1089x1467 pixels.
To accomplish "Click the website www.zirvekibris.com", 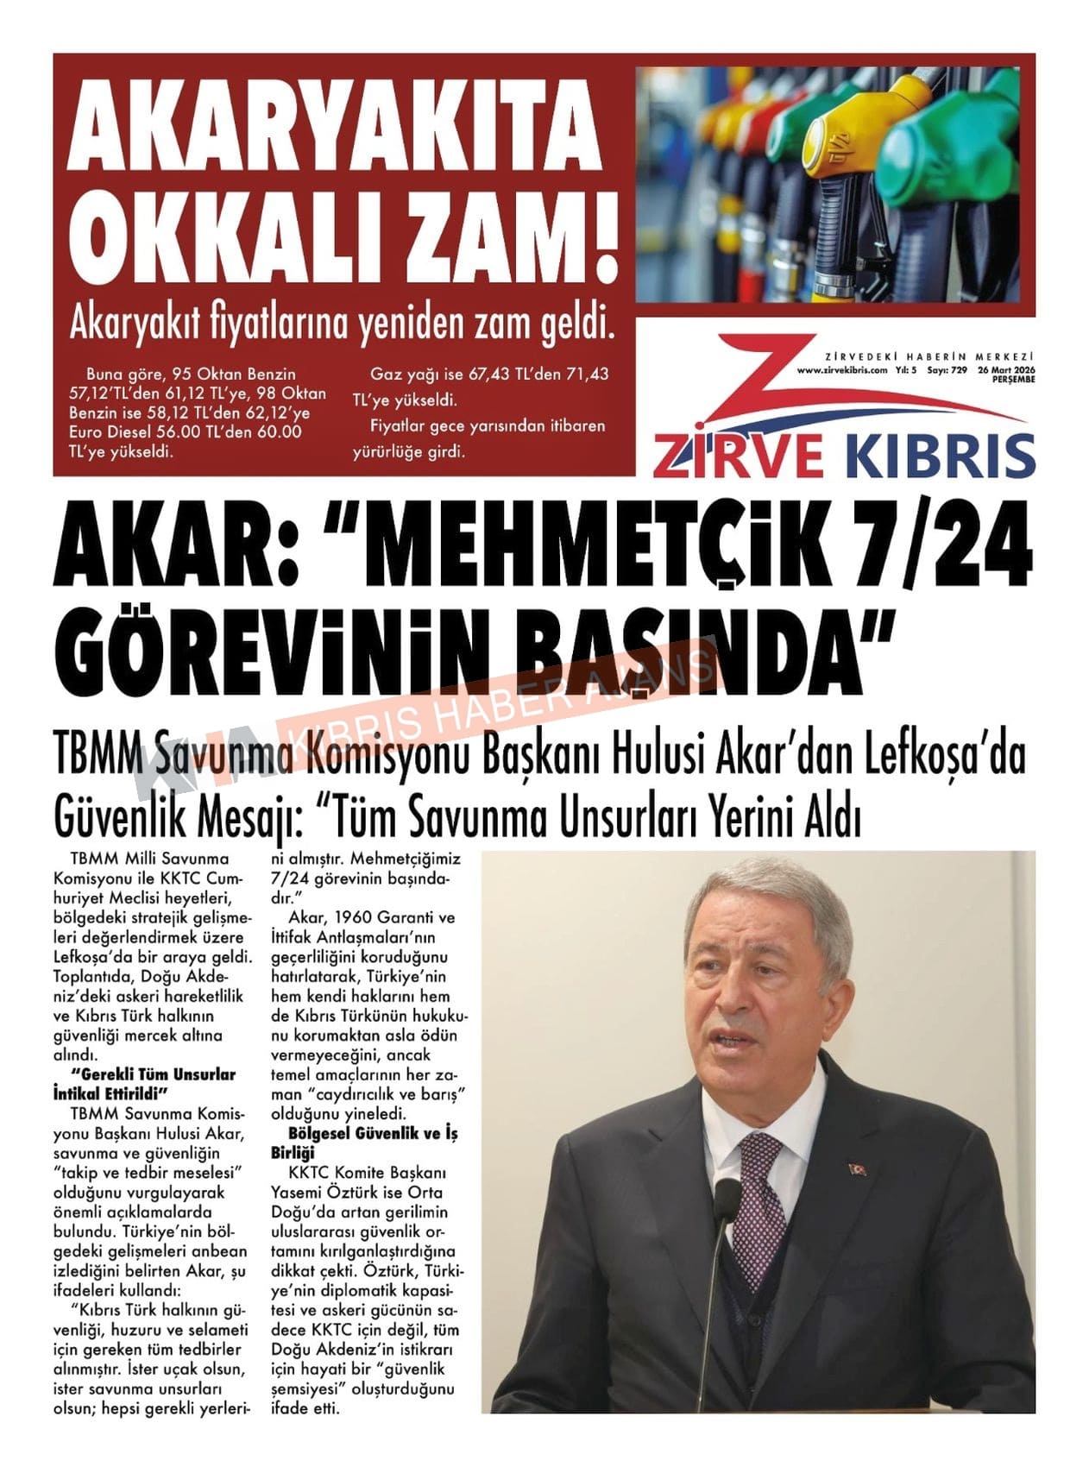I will pyautogui.click(x=842, y=370).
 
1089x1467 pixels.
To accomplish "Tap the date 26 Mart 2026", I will pyautogui.click(x=1005, y=370).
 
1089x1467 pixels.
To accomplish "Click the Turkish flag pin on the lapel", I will pyautogui.click(x=859, y=1169).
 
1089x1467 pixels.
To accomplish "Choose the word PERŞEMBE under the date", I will pyautogui.click(x=1013, y=380).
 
